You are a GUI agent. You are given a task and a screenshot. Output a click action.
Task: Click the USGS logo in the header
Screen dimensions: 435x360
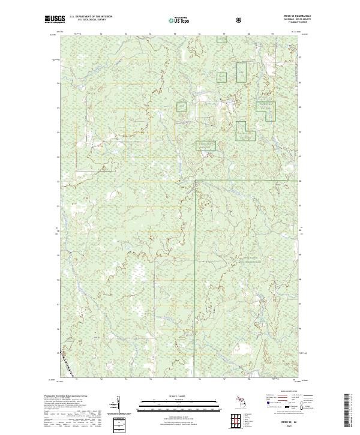click(55, 19)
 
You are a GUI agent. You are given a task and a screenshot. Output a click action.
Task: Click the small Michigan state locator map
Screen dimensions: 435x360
click(240, 400)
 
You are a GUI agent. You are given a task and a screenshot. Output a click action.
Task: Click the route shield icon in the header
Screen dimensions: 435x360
click(239, 19)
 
